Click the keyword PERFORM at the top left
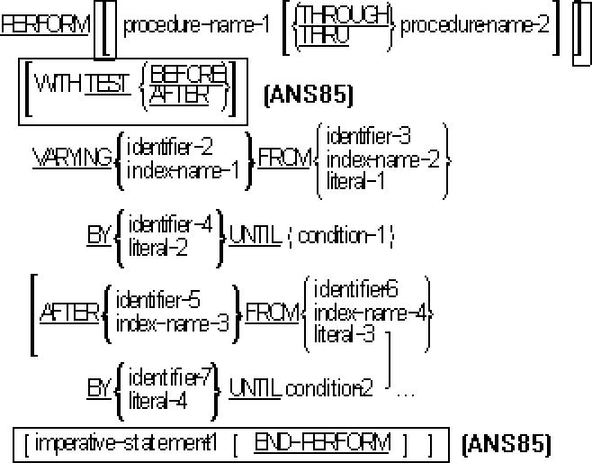(x=45, y=24)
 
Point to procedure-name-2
(x=475, y=24)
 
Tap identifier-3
(x=369, y=137)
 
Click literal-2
(x=159, y=246)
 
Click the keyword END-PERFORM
(x=322, y=442)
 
